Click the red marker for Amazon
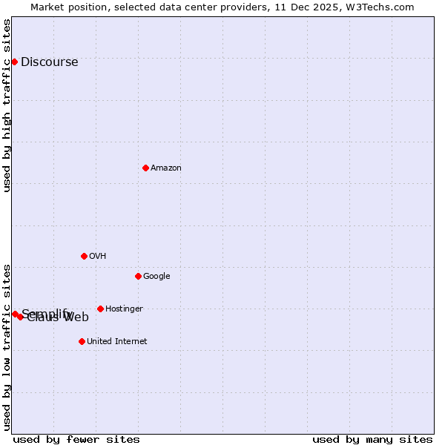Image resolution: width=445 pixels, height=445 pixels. tap(145, 168)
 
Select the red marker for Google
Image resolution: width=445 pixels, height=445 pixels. tap(138, 276)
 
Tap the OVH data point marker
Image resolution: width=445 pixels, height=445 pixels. tap(84, 256)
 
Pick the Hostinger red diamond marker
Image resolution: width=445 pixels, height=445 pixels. tap(100, 309)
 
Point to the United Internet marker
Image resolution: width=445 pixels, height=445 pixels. tap(82, 341)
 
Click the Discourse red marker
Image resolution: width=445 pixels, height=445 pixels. tap(14, 62)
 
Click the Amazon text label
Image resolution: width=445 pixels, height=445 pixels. tap(166, 168)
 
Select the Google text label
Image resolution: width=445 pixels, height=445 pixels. tap(156, 276)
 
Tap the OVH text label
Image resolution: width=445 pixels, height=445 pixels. tap(97, 256)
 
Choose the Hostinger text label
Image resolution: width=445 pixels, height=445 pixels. tap(124, 309)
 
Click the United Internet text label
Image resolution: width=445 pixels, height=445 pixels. tap(116, 341)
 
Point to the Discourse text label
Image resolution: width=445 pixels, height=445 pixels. tap(49, 62)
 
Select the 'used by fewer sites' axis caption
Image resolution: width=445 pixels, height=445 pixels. tap(76, 439)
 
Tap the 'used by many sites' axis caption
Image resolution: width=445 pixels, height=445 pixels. tap(372, 439)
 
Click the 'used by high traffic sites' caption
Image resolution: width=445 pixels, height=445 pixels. tap(7, 105)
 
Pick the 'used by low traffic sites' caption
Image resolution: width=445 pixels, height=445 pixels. tap(7, 347)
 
